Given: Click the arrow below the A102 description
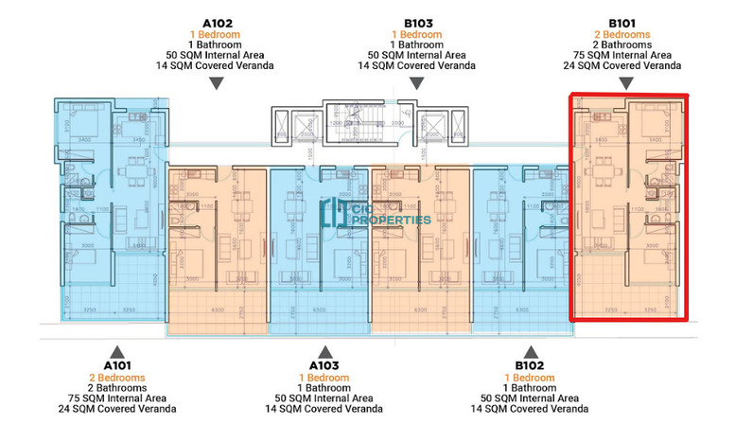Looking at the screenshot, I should pos(217,84).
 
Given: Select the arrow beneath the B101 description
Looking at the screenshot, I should pos(628,84).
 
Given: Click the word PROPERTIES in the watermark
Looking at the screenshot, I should pos(391,220).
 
